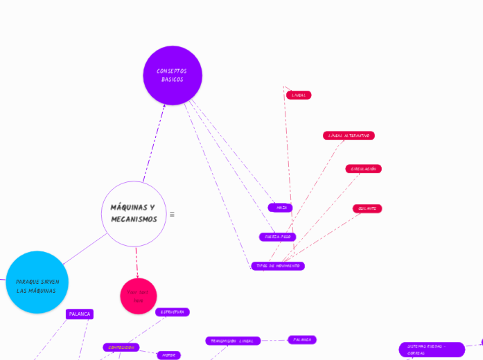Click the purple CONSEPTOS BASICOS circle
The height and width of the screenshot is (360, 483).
pos(173,75)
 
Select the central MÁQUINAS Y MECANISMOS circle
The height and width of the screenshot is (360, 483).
pos(134,214)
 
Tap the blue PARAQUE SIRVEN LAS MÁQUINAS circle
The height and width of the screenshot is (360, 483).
pos(37,282)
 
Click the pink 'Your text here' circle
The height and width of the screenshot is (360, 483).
pos(139,296)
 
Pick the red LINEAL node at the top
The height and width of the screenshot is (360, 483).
pos(299,95)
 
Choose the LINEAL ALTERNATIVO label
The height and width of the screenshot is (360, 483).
pos(349,136)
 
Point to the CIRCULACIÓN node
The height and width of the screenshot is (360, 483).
pos(363,169)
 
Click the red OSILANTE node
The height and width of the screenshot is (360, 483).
pos(367,208)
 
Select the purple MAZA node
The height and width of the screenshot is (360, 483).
pos(281,208)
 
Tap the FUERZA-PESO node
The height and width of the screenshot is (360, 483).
pos(278,237)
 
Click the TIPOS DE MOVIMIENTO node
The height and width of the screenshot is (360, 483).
pos(278,266)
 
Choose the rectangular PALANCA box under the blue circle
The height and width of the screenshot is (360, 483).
pos(80,314)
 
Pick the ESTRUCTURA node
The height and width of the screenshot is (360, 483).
pos(173,312)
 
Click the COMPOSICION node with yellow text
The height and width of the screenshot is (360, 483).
pos(121,348)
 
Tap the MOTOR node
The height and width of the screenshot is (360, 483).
pos(168,355)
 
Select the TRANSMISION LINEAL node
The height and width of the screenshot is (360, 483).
pos(233,341)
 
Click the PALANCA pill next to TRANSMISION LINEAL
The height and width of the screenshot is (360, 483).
pos(302,340)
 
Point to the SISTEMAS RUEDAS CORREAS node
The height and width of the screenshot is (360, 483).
pos(432,350)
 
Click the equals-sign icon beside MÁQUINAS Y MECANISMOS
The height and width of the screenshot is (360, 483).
pos(172,214)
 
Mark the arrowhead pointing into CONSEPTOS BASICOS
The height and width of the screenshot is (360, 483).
pos(164,106)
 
